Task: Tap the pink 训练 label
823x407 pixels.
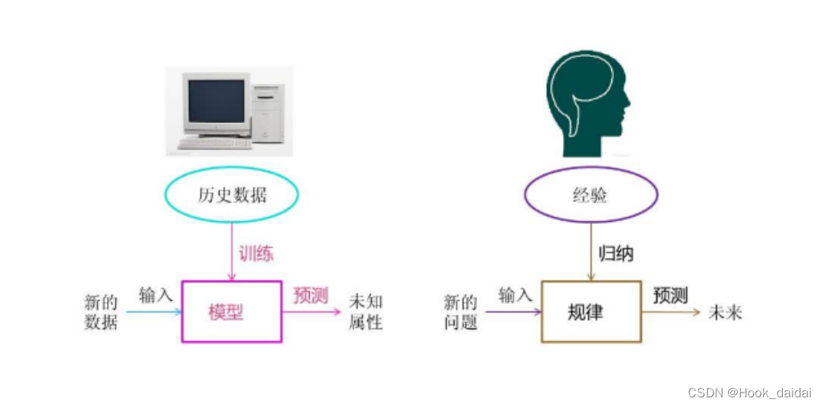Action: pyautogui.click(x=257, y=253)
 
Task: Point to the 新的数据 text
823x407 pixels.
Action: pyautogui.click(x=101, y=313)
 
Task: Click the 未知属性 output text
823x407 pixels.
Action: pyautogui.click(x=366, y=312)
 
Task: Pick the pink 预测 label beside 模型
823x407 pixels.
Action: pyautogui.click(x=311, y=296)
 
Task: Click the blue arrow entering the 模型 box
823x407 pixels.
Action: pyautogui.click(x=154, y=312)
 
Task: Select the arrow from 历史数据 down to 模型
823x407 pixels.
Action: pyautogui.click(x=232, y=252)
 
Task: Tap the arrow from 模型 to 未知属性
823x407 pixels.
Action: pyautogui.click(x=312, y=312)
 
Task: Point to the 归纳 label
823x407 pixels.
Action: pyautogui.click(x=616, y=254)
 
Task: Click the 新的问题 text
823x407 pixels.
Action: pyautogui.click(x=461, y=313)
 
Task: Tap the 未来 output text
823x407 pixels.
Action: pyautogui.click(x=726, y=313)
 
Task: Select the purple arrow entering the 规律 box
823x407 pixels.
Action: pyautogui.click(x=513, y=312)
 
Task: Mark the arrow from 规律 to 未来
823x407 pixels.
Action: pyautogui.click(x=671, y=312)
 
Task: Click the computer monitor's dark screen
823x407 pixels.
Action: pyautogui.click(x=216, y=101)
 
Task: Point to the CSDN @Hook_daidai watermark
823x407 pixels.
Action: pyautogui.click(x=750, y=393)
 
